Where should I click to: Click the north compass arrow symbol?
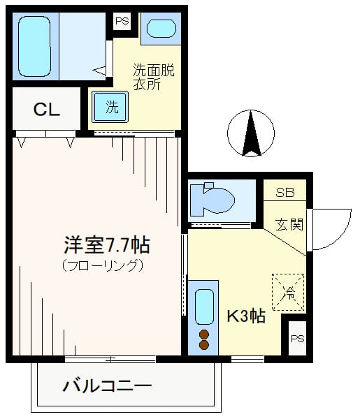[251, 133]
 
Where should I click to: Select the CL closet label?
[46, 110]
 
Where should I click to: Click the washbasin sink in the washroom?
[161, 29]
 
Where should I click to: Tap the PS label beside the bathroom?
[122, 21]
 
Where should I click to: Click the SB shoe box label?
[285, 192]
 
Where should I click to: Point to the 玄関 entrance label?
[289, 225]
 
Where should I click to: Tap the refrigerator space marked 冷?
[287, 292]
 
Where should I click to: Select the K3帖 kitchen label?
[245, 316]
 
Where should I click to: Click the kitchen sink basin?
[204, 304]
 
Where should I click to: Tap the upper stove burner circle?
[204, 333]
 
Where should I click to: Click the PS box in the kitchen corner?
[297, 338]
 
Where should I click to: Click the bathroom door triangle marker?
[99, 70]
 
